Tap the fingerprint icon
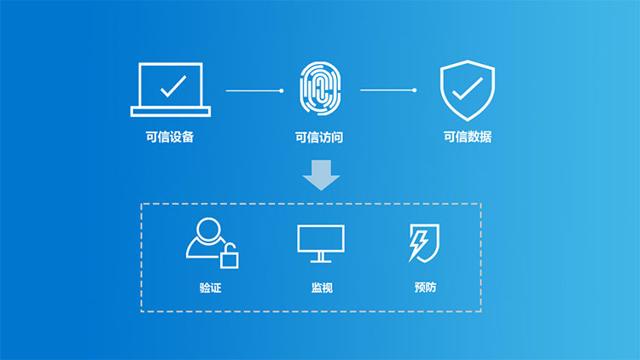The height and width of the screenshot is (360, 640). [x=320, y=88]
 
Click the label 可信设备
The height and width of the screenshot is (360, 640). [x=170, y=136]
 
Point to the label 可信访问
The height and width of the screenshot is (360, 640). [x=319, y=137]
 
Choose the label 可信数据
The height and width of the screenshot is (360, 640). [x=468, y=136]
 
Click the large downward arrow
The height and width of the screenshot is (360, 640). [x=321, y=175]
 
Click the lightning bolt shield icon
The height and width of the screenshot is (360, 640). [x=424, y=243]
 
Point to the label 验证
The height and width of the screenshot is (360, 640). [x=210, y=287]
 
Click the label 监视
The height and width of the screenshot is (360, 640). [x=322, y=287]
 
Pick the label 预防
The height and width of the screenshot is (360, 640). [x=425, y=287]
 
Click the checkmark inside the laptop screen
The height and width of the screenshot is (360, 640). [x=173, y=86]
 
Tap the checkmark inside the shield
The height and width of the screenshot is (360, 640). [x=468, y=89]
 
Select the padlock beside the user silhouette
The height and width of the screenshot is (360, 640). [x=230, y=256]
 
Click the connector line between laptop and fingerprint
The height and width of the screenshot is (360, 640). [x=254, y=90]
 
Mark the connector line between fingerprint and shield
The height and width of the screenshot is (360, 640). [x=388, y=90]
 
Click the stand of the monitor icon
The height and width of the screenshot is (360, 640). [x=321, y=258]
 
